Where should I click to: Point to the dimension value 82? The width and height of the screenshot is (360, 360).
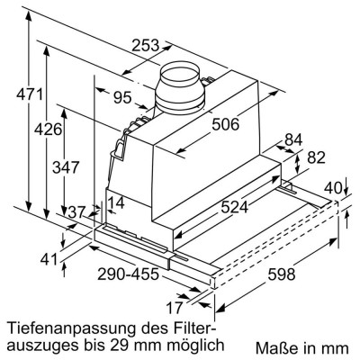(x=315, y=157)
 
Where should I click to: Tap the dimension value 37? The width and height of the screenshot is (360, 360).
(x=79, y=211)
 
